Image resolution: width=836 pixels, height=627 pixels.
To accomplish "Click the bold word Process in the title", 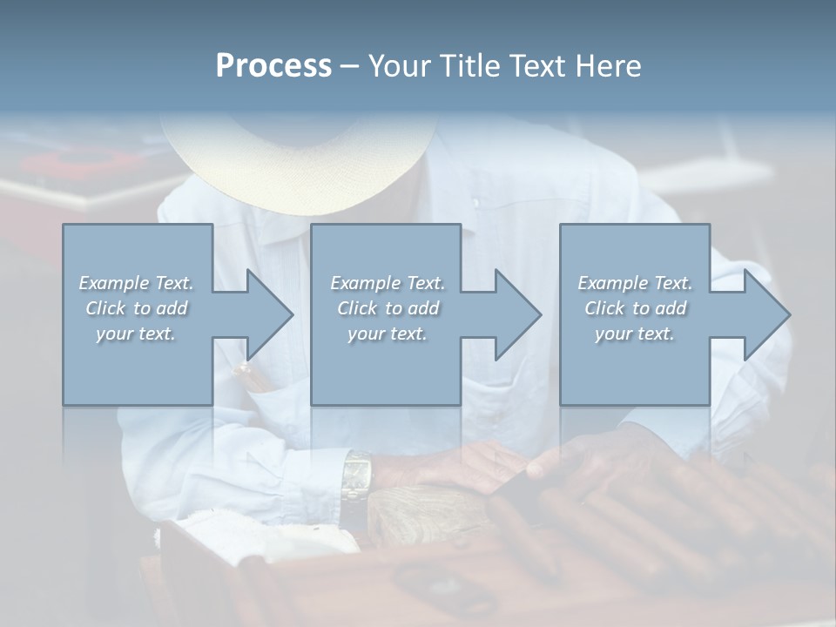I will point(273,65).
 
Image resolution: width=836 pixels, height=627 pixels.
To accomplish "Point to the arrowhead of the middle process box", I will point(516,314).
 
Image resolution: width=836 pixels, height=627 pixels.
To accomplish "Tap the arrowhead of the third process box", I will point(765,314).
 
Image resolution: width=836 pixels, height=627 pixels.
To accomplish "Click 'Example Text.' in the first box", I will point(136,283).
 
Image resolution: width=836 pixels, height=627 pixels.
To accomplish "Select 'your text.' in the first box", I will point(136,334).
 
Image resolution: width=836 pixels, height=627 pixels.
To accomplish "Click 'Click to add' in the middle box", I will point(388,308).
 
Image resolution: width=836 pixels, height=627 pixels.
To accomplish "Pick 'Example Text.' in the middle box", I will point(388,283).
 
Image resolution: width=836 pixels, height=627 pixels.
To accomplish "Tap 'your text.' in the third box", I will point(635,334).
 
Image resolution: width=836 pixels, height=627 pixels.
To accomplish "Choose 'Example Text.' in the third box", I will point(635,283).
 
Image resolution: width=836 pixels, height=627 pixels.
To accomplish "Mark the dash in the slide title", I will point(350,67).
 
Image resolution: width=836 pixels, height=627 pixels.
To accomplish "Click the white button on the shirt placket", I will point(475,204).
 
